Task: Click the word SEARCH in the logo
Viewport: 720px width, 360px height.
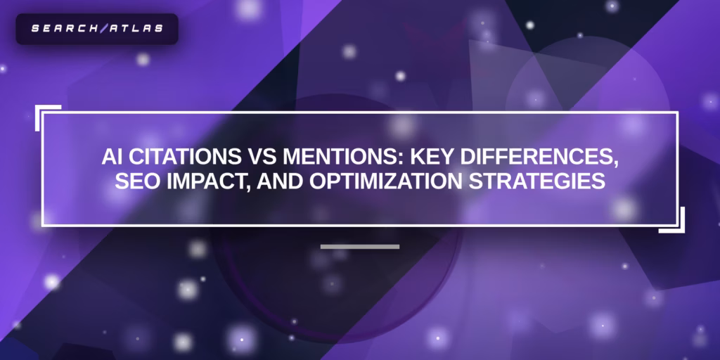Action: tap(65, 28)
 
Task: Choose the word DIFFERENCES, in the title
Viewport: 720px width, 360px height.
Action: tap(536, 159)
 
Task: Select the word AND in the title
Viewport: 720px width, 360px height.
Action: tap(280, 181)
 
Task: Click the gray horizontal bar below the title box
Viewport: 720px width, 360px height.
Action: tap(360, 247)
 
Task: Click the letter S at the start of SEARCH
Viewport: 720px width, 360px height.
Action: tap(35, 28)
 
